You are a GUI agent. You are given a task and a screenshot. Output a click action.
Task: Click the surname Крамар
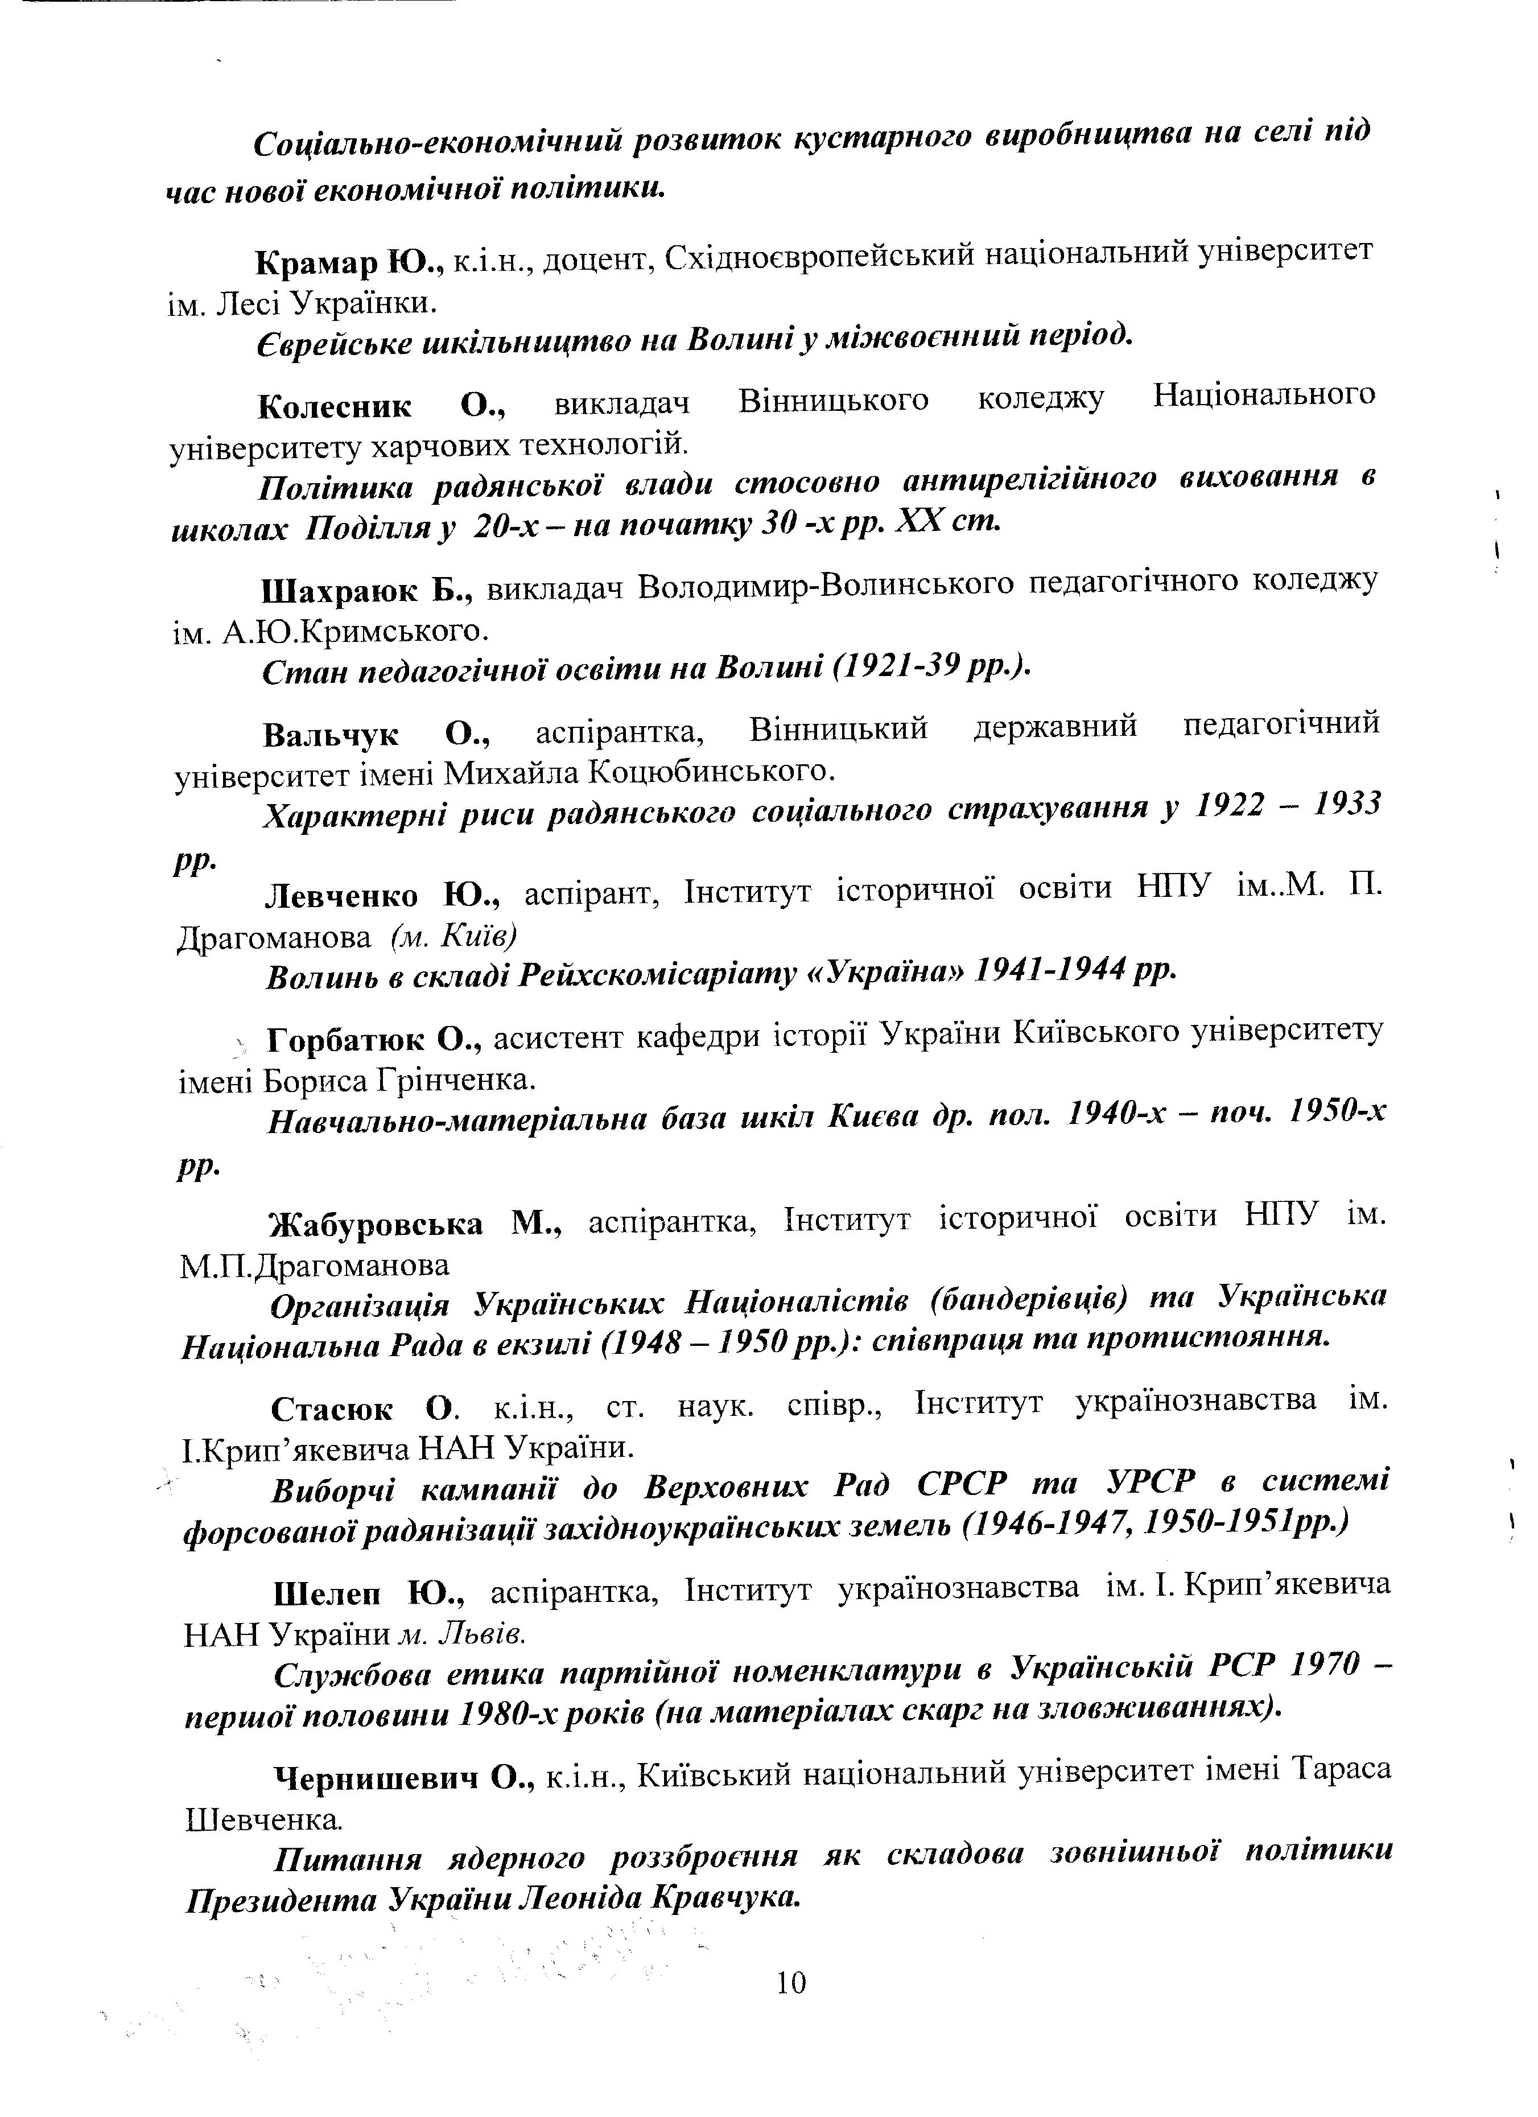coord(315,264)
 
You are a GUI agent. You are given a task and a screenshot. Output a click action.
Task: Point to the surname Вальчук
coord(331,735)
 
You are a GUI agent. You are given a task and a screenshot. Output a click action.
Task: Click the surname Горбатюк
coord(348,1038)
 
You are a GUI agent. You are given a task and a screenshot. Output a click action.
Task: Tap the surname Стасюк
coord(332,1407)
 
